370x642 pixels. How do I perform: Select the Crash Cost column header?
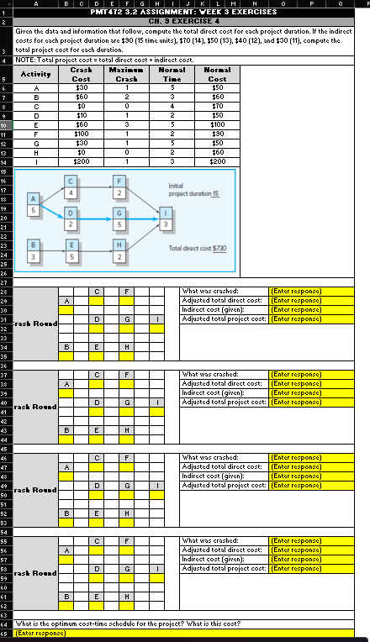pos(82,73)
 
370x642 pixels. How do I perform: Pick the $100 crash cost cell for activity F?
pos(82,133)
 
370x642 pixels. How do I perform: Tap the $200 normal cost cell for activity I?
pos(217,160)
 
